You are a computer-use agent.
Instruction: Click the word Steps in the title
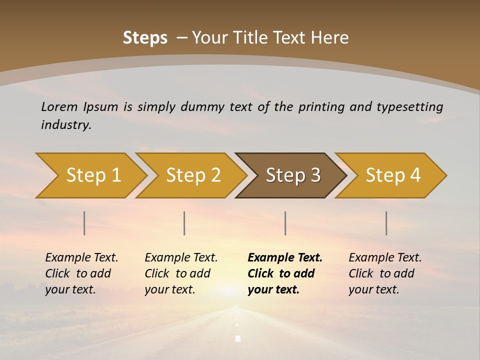click(145, 38)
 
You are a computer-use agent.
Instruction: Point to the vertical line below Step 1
click(84, 223)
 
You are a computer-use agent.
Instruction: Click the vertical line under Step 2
click(184, 223)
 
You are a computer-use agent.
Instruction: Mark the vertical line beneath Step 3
click(285, 223)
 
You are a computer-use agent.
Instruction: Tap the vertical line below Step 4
click(386, 223)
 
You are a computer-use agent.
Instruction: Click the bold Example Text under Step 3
click(284, 273)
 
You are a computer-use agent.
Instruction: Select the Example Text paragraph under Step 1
click(81, 273)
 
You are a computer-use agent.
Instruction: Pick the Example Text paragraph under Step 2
click(181, 273)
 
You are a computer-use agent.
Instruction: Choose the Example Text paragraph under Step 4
click(385, 273)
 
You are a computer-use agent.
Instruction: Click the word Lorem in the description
click(59, 107)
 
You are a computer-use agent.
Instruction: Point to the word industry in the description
click(65, 125)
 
